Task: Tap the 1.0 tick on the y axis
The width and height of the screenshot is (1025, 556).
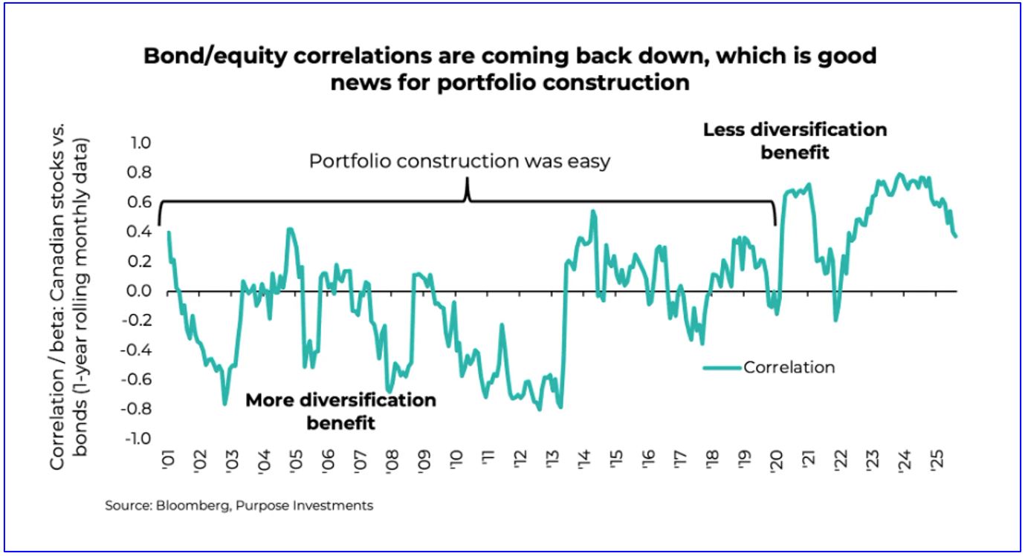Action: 140,143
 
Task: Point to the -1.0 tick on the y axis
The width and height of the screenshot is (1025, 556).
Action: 138,439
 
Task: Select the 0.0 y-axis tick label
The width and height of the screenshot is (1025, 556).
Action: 140,291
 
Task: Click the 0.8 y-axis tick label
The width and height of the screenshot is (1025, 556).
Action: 140,173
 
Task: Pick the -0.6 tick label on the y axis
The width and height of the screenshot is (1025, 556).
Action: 138,379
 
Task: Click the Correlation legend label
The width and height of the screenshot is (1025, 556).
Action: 789,367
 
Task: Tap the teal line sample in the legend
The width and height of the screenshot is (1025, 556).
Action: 722,367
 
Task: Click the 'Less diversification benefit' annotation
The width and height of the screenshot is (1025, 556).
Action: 795,141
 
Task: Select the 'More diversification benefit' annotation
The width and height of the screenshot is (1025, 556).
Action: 340,411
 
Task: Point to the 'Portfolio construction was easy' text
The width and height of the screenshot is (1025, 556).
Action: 459,161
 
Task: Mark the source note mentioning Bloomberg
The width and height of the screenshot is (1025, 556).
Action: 239,506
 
